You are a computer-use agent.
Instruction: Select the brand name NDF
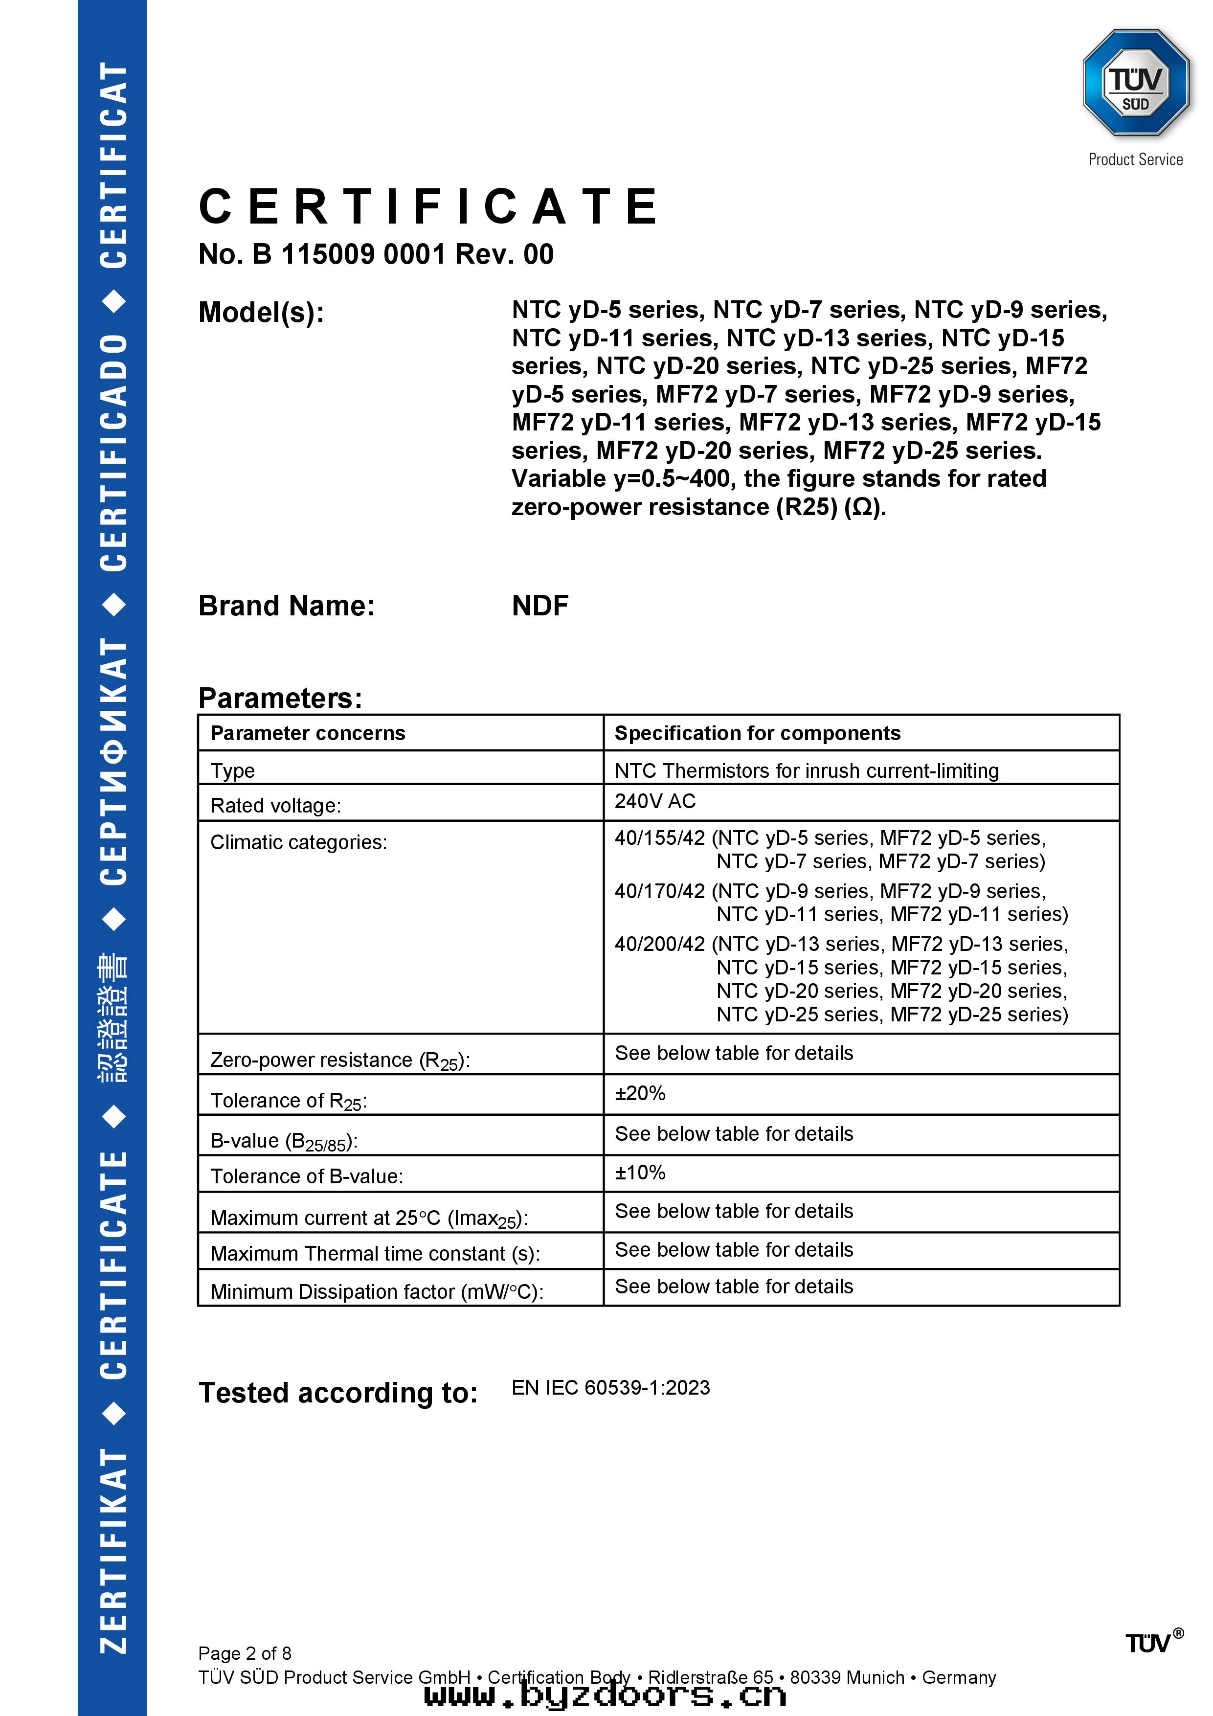click(539, 606)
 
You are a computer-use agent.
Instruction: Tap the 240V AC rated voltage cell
click(655, 801)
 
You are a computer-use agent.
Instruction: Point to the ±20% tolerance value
click(640, 1093)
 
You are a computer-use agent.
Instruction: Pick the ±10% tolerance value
click(640, 1173)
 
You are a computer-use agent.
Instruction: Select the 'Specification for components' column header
click(757, 733)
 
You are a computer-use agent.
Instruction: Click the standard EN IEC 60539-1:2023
click(610, 1388)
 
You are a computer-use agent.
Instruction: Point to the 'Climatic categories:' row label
click(298, 842)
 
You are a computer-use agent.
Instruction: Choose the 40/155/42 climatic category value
click(659, 838)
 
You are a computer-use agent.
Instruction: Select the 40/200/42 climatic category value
click(659, 944)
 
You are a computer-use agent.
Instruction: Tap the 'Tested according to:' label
click(338, 1393)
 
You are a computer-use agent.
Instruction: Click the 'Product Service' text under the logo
click(1135, 159)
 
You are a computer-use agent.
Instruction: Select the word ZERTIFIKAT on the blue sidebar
click(113, 1551)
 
